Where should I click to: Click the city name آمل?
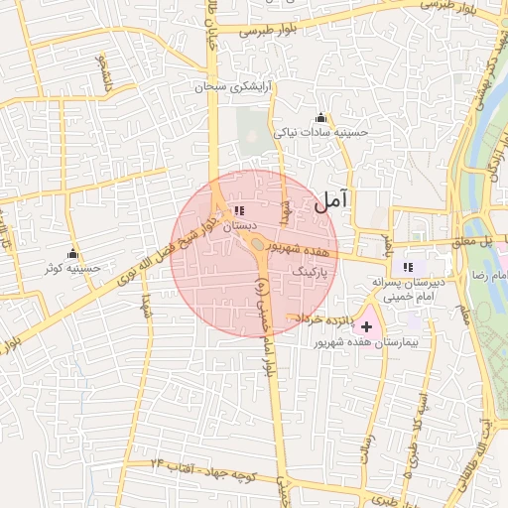pos(331,201)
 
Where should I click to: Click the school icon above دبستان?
pos(238,210)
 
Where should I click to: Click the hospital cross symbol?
pos(367,326)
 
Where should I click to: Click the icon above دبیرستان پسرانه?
pos(408,266)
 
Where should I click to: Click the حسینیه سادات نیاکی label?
pos(321,131)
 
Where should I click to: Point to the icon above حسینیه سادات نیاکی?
pos(319,117)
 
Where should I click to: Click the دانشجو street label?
pos(99,71)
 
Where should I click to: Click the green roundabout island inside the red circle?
pos(257,243)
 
